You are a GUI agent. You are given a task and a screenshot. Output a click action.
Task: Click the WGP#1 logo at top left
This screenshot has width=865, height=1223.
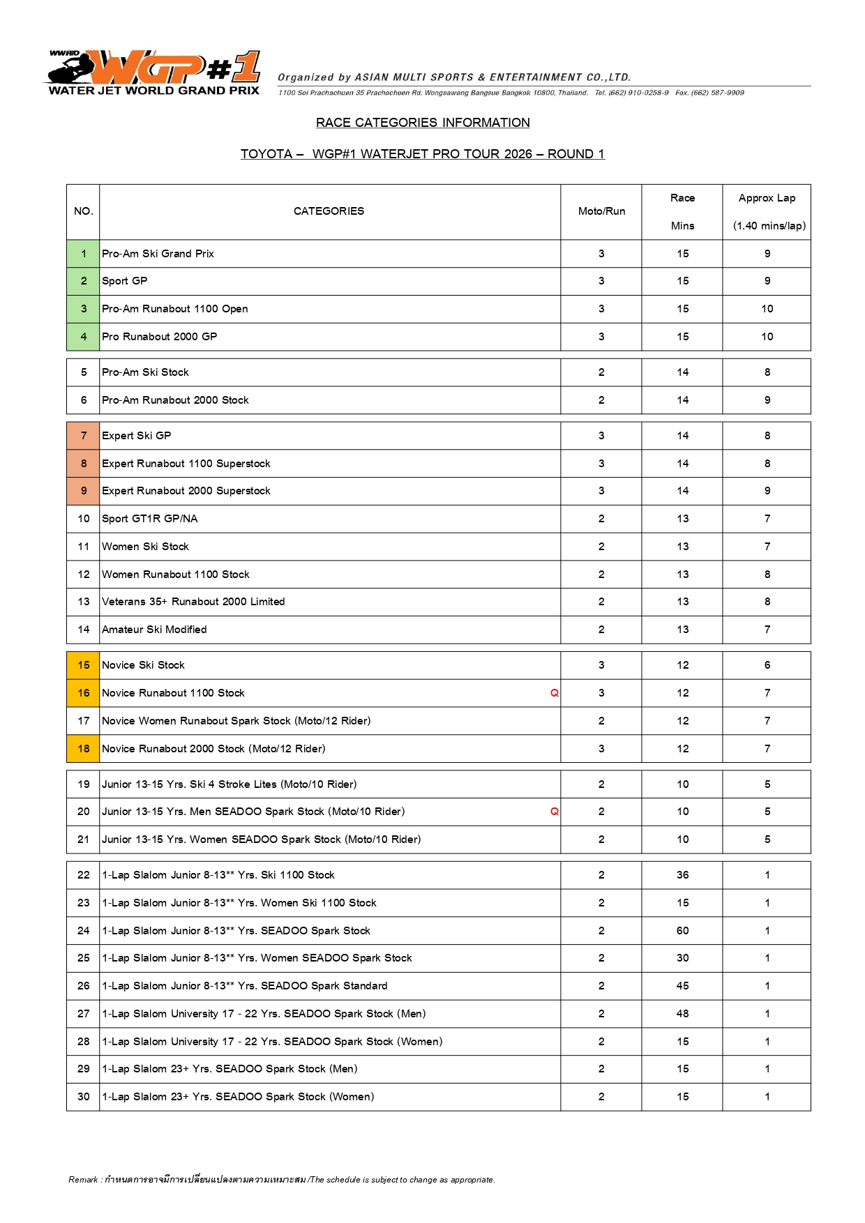tap(154, 72)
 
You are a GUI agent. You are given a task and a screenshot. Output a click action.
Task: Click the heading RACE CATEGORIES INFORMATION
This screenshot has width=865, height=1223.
tap(423, 123)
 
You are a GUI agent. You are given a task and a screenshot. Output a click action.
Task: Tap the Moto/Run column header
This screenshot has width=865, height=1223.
tap(601, 211)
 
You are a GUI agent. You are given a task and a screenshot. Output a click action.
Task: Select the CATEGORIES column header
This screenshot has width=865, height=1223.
tap(329, 211)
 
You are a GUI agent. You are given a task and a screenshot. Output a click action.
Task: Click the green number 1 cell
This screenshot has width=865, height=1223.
tap(84, 254)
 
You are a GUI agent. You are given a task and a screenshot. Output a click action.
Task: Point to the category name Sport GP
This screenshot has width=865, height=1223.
tap(125, 281)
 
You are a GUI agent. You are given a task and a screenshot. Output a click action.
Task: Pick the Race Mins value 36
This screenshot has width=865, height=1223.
tap(682, 875)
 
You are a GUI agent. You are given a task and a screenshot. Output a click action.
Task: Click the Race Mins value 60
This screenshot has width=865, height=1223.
tap(682, 931)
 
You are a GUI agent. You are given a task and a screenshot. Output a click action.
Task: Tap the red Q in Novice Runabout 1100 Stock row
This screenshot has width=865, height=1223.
tap(555, 693)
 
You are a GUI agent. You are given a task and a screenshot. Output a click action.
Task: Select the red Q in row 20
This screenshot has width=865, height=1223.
tap(555, 812)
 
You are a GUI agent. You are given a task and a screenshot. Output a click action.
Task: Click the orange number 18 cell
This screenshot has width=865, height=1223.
tap(84, 749)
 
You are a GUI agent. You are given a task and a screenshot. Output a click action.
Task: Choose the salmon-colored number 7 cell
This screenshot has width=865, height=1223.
tap(84, 436)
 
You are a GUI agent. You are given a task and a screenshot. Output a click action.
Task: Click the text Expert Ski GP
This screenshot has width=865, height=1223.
tap(137, 436)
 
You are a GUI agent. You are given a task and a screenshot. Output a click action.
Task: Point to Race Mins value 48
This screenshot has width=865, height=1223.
tap(682, 1014)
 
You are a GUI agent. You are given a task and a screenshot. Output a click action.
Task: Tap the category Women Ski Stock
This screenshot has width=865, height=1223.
tap(145, 547)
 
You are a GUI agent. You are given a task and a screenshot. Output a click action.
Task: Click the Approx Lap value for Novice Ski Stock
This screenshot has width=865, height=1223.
tap(767, 665)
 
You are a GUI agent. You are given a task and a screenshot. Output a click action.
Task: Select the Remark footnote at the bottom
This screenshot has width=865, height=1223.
tap(282, 1180)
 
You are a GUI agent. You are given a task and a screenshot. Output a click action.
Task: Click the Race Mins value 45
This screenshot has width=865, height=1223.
tap(682, 986)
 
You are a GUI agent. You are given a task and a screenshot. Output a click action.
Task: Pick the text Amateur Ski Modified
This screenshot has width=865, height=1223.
tap(154, 630)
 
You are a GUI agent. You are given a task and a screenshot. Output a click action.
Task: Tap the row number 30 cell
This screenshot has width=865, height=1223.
tap(84, 1097)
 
